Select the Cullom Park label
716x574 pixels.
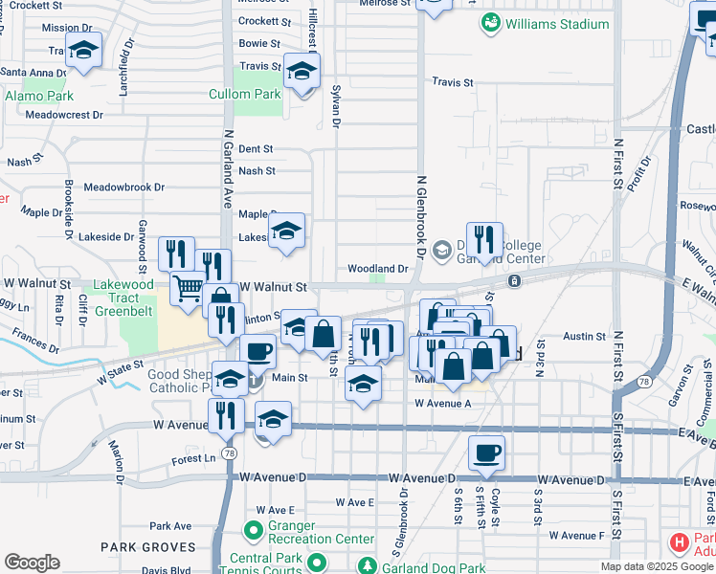(245, 95)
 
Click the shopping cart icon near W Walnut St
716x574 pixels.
(189, 286)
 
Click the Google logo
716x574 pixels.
(32, 562)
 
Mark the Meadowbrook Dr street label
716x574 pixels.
(124, 188)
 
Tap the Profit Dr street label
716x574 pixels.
(638, 174)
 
